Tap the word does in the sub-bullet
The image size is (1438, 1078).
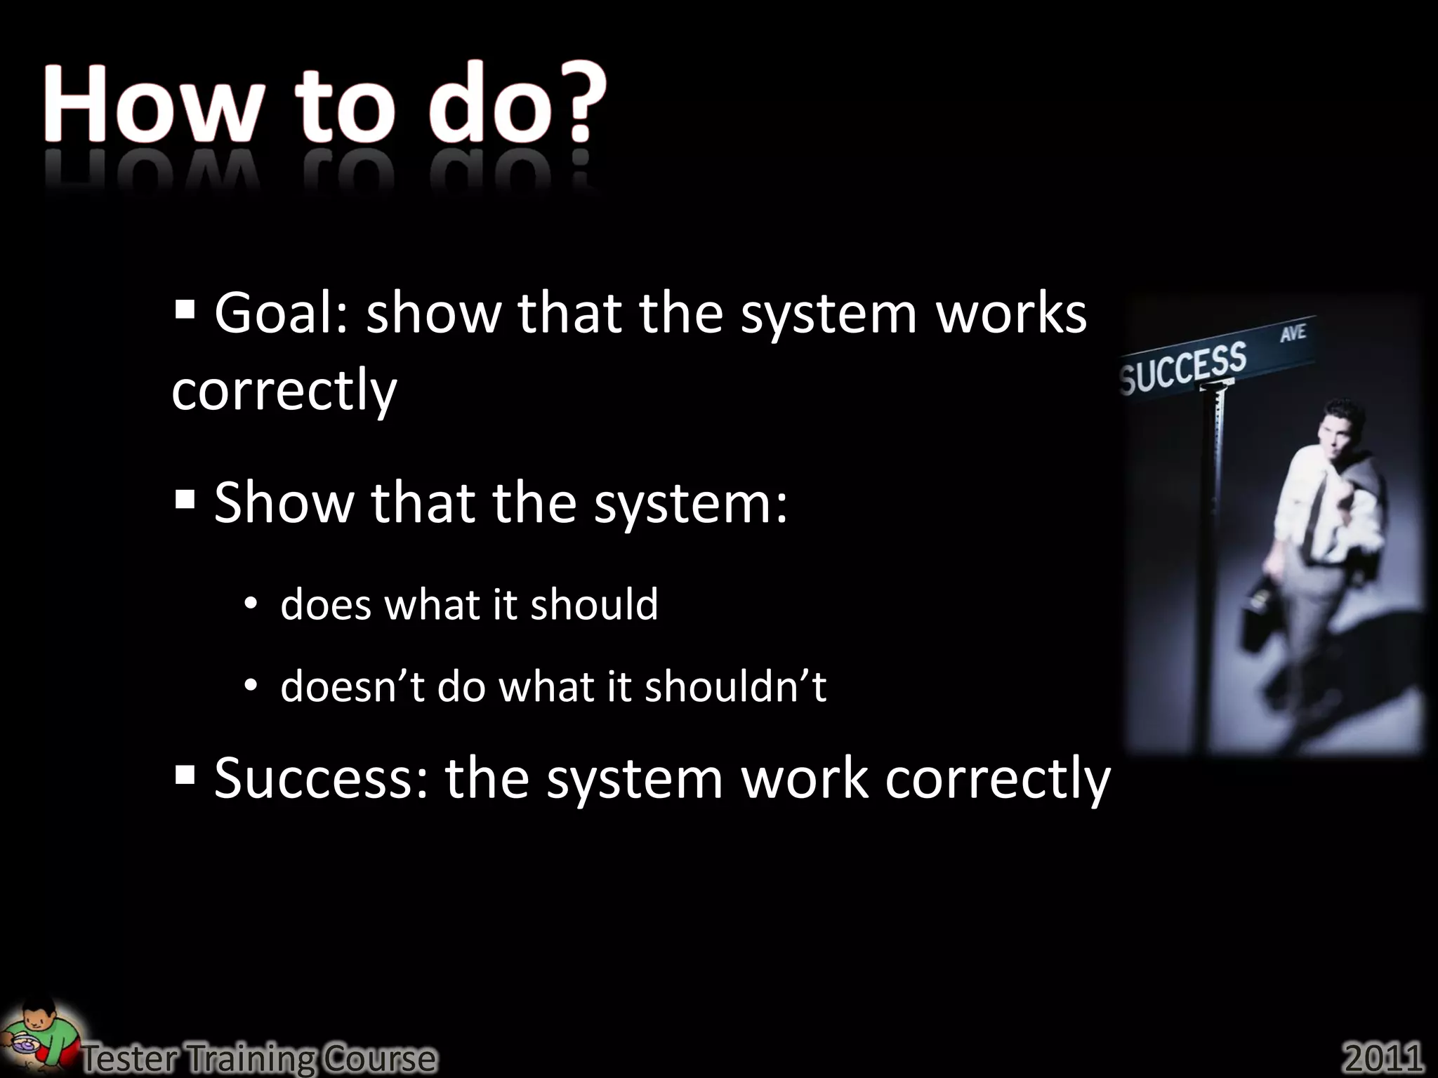pyautogui.click(x=326, y=605)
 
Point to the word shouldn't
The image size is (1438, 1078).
pyautogui.click(x=735, y=686)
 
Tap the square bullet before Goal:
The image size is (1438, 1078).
pyautogui.click(x=185, y=308)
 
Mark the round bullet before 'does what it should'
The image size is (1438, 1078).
pyautogui.click(x=251, y=606)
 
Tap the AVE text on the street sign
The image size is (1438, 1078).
pyautogui.click(x=1293, y=333)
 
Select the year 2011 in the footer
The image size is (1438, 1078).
pyautogui.click(x=1383, y=1057)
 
